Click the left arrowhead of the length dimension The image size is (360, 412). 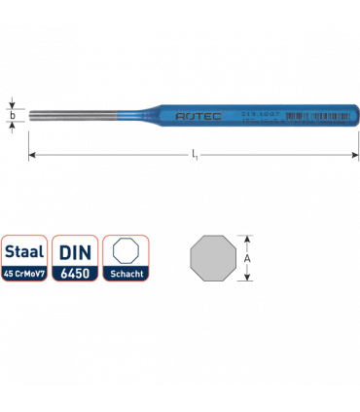33,155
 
